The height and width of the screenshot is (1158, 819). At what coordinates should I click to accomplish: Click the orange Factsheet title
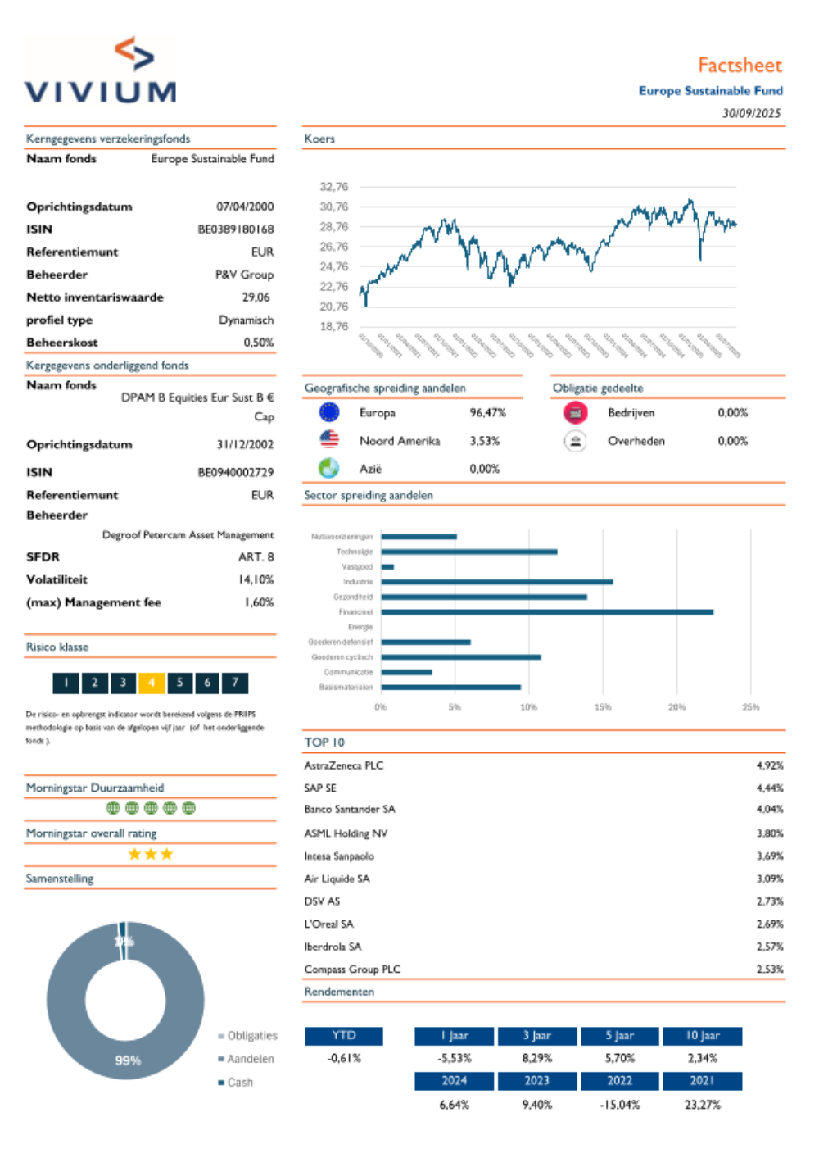pyautogui.click(x=740, y=66)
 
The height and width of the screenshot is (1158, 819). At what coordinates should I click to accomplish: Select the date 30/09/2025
pyautogui.click(x=751, y=113)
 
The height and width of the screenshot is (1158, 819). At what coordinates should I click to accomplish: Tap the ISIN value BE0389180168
pyautogui.click(x=236, y=229)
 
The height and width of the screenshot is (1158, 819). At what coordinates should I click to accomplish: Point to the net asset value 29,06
pyautogui.click(x=256, y=297)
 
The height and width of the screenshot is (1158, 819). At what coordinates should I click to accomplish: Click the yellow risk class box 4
pyautogui.click(x=152, y=683)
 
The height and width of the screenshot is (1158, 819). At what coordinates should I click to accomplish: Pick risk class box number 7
pyautogui.click(x=235, y=683)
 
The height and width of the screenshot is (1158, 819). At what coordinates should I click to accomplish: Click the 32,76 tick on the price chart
pyautogui.click(x=333, y=187)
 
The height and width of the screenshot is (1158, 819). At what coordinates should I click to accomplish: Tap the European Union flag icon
pyautogui.click(x=329, y=412)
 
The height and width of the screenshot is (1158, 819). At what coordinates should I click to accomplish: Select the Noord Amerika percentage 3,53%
pyautogui.click(x=485, y=441)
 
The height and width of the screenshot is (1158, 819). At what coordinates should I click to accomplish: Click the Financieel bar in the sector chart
pyautogui.click(x=546, y=612)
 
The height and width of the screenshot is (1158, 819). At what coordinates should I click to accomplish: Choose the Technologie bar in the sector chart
pyautogui.click(x=468, y=552)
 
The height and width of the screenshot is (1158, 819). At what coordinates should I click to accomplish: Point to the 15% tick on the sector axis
pyautogui.click(x=603, y=706)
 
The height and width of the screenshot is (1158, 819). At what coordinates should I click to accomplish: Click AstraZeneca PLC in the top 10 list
pyautogui.click(x=344, y=765)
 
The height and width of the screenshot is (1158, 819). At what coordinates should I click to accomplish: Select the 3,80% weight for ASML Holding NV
pyautogui.click(x=770, y=833)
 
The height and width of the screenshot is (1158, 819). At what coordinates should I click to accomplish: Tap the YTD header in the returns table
pyautogui.click(x=344, y=1036)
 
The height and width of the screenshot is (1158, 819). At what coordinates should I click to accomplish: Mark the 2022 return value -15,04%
pyautogui.click(x=619, y=1105)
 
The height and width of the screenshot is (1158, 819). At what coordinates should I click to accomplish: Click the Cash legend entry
pyautogui.click(x=239, y=1083)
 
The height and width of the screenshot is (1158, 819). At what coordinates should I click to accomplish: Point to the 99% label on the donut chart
pyautogui.click(x=128, y=1060)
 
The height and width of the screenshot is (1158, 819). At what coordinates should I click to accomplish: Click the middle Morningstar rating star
pyautogui.click(x=151, y=854)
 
